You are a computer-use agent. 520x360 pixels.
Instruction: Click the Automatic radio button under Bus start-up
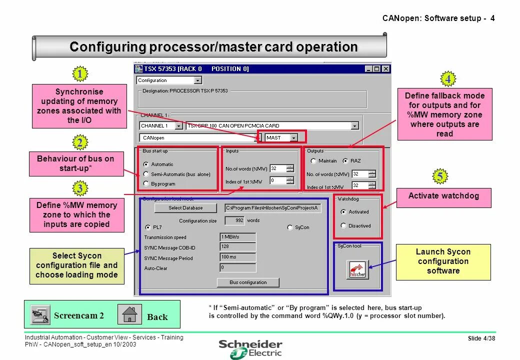tap(146, 164)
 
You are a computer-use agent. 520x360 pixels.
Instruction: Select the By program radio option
tap(146, 183)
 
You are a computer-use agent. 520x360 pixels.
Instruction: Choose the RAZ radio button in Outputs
tap(345, 161)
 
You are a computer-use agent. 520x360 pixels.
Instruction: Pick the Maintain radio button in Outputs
tap(313, 161)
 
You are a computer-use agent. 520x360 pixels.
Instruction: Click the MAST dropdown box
tap(281, 137)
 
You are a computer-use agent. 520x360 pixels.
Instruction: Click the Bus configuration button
tap(248, 282)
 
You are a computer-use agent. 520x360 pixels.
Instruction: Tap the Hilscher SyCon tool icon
tap(357, 269)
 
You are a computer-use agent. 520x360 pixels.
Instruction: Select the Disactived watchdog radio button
tap(343, 225)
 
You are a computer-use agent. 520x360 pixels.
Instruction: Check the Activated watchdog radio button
tap(343, 211)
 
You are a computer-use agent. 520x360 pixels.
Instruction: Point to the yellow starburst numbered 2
tap(79, 143)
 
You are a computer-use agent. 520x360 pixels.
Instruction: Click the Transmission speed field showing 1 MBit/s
tap(238, 237)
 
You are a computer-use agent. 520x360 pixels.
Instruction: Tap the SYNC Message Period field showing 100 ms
tap(238, 257)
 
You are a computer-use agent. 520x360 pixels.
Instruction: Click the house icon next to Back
tap(129, 314)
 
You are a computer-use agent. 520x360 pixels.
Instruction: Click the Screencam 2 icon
tap(39, 314)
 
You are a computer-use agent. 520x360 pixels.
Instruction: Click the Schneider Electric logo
tap(250, 349)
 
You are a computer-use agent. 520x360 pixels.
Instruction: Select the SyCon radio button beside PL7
tap(290, 227)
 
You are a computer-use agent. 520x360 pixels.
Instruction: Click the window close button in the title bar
tap(385, 69)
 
